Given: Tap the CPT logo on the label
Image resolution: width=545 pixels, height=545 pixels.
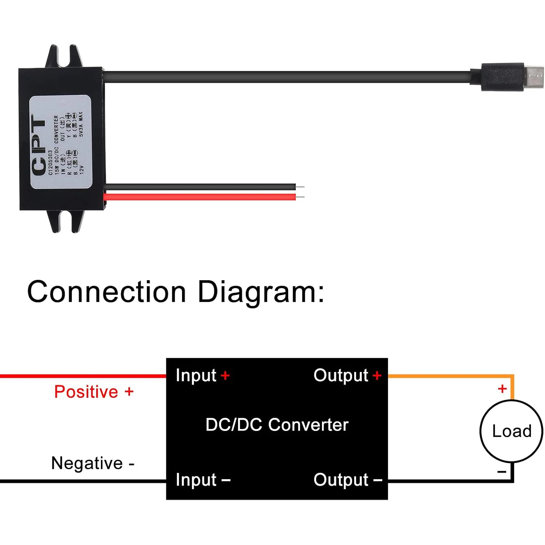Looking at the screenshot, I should (x=39, y=145).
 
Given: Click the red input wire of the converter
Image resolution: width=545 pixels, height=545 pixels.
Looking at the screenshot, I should (x=200, y=197).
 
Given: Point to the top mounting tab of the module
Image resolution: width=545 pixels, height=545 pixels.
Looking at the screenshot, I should (x=64, y=56).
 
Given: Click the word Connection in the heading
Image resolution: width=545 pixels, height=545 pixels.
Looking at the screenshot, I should (x=106, y=292).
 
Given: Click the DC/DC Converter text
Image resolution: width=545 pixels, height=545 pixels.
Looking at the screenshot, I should (x=277, y=425).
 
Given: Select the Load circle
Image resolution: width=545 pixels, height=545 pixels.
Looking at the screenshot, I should (x=511, y=431).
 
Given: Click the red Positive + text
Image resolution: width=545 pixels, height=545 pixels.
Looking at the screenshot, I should (x=94, y=392).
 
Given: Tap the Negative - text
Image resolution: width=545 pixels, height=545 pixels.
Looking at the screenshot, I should (x=93, y=463).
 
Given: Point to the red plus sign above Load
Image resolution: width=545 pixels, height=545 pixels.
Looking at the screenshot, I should (x=502, y=389).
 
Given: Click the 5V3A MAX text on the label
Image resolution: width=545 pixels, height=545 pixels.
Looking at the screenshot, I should (x=81, y=124).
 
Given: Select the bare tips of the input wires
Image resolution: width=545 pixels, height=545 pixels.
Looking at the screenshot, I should (x=300, y=192).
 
